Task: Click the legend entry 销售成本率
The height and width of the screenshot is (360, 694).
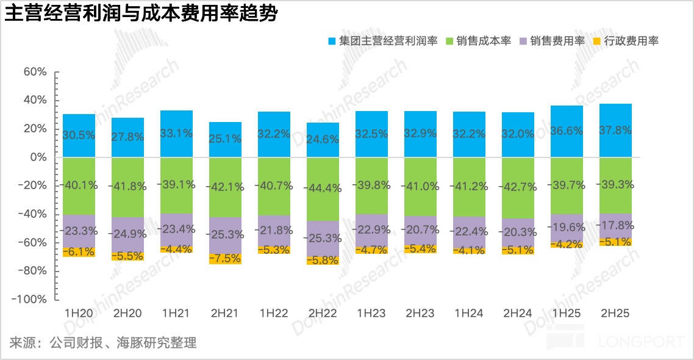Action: (485, 41)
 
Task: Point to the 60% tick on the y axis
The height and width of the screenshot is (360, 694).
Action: (35, 72)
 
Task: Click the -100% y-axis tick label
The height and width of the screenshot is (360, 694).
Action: (30, 300)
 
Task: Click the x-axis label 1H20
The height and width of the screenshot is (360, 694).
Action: (79, 314)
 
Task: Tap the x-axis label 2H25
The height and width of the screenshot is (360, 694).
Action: (615, 314)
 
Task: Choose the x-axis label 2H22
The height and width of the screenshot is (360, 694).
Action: (323, 314)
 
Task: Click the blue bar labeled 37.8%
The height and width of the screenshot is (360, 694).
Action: (615, 131)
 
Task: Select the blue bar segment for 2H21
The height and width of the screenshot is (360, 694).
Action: (225, 140)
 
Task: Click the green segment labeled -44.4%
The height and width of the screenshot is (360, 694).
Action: (323, 189)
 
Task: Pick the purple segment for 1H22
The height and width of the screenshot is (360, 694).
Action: (274, 231)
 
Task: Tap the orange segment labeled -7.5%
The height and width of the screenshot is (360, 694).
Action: (225, 259)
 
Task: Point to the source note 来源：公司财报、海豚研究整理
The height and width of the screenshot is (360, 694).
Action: (103, 342)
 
